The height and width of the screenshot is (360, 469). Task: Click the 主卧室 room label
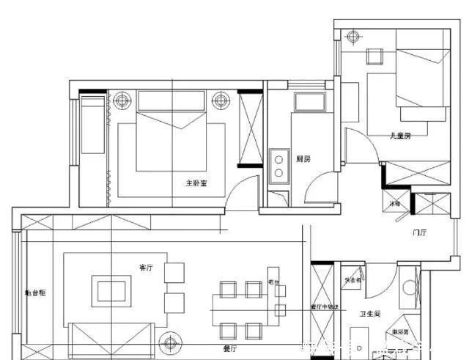coord(196,183)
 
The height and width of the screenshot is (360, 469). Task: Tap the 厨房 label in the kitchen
coord(303,158)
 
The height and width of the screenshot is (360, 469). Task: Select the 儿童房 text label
coord(400,135)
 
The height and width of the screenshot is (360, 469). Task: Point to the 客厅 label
coord(145,268)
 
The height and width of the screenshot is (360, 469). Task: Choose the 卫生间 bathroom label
coord(369,314)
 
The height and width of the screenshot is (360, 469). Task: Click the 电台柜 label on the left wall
coord(35,293)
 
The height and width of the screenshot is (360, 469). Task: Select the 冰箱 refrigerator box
coord(395,204)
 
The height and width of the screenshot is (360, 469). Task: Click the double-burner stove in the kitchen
coord(279,165)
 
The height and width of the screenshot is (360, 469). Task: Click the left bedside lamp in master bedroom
coord(122,99)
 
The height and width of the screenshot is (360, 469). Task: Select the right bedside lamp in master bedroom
coord(219,100)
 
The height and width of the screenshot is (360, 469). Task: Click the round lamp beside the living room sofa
coord(171,342)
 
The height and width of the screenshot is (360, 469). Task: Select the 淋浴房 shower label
coord(400,332)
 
